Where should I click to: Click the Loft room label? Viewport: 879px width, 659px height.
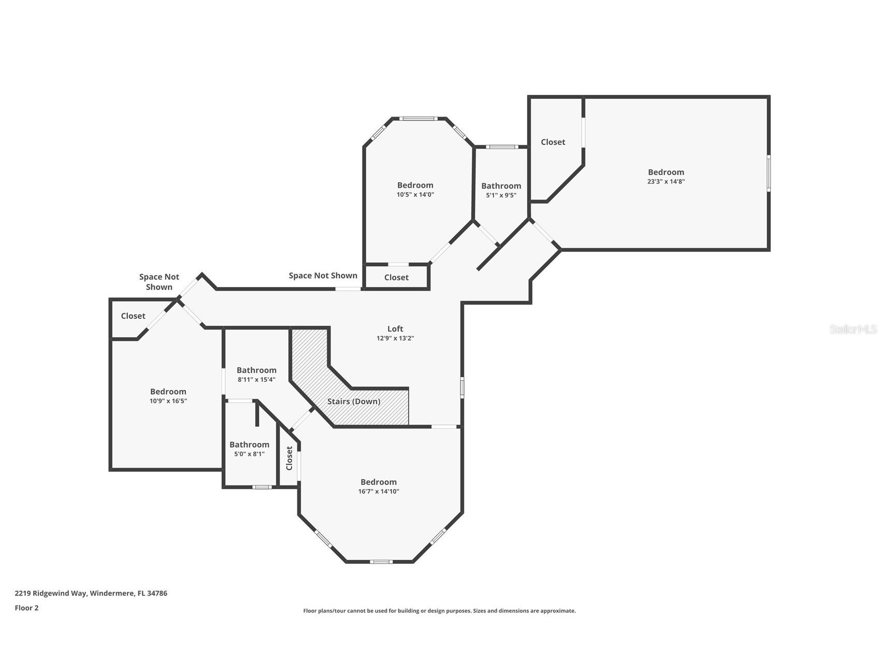point(395,328)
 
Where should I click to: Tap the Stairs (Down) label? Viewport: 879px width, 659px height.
point(354,402)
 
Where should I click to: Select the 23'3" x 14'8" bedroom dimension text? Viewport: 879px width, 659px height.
point(666,181)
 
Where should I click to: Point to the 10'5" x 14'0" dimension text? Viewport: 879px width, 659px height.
point(415,195)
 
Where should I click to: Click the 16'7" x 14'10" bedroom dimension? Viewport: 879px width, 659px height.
point(379,491)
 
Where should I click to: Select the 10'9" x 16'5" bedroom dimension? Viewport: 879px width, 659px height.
point(168,401)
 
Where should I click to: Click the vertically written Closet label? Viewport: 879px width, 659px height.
point(290,458)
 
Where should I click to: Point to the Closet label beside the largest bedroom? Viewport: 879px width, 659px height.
point(553,142)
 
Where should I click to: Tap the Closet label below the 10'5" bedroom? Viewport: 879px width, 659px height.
point(396,277)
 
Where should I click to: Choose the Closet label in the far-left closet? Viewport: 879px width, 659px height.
point(133,316)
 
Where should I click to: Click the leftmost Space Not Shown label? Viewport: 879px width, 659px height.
point(159,282)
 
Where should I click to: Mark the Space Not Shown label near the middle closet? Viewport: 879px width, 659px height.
point(323,276)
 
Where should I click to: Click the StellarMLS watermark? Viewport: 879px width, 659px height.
point(853,329)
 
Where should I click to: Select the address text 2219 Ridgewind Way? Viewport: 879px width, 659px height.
point(51,594)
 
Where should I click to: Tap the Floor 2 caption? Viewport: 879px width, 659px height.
point(26,608)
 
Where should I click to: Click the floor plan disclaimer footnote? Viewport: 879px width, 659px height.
point(439,611)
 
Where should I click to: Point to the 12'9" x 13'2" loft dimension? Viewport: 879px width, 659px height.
point(395,338)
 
